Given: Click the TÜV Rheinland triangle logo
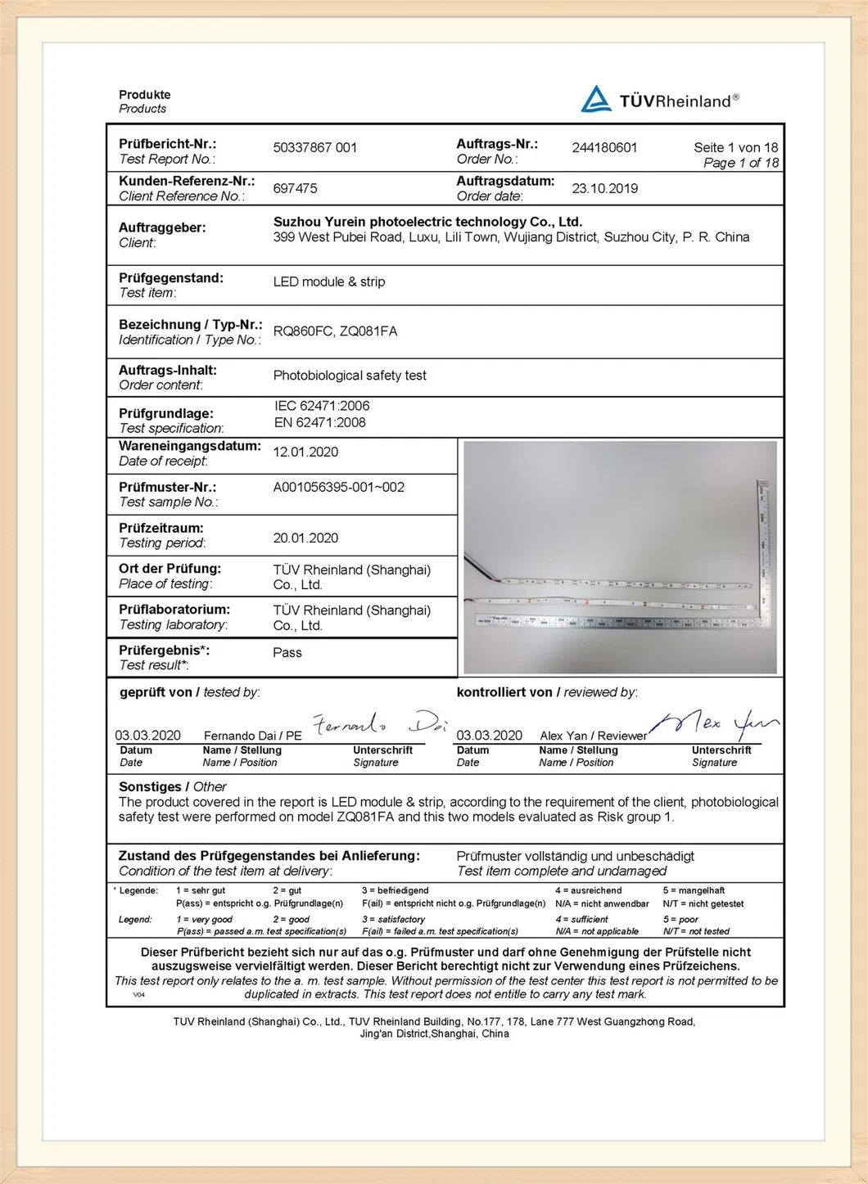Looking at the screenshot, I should [x=595, y=100].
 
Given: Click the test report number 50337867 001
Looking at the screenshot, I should [x=315, y=148].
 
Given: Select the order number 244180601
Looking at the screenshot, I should [x=604, y=148].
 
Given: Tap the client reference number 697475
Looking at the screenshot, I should [x=295, y=188].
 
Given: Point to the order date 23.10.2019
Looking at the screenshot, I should [x=604, y=188].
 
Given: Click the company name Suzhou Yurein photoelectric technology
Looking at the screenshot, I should [x=427, y=222].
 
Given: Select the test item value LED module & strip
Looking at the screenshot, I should [x=329, y=281].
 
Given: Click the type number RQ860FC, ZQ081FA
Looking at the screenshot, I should [x=335, y=331].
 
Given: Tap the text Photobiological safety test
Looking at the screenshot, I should [x=350, y=376].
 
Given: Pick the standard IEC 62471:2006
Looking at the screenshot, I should [x=322, y=406].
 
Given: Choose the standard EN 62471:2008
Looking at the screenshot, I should [x=320, y=423].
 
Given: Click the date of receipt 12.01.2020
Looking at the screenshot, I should [x=305, y=452].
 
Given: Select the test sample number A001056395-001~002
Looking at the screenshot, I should [x=339, y=488].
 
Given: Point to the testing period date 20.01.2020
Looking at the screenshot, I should [x=305, y=538].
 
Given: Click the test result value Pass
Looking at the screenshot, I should [x=287, y=653].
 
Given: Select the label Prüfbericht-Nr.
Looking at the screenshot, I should [x=168, y=144].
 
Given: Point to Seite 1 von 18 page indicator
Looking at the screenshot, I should [x=735, y=148].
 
